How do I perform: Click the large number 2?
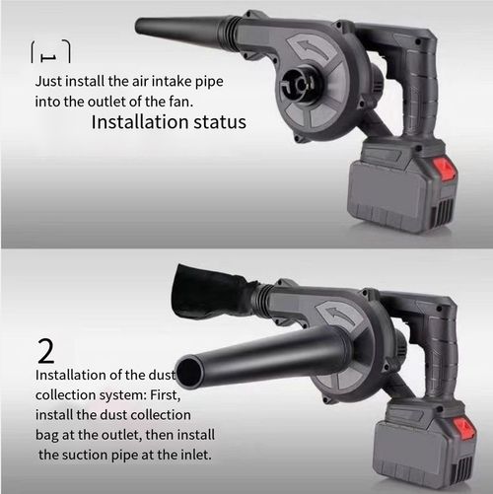(45, 351)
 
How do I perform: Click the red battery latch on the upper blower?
(447, 169)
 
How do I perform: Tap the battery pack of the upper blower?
(404, 187)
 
